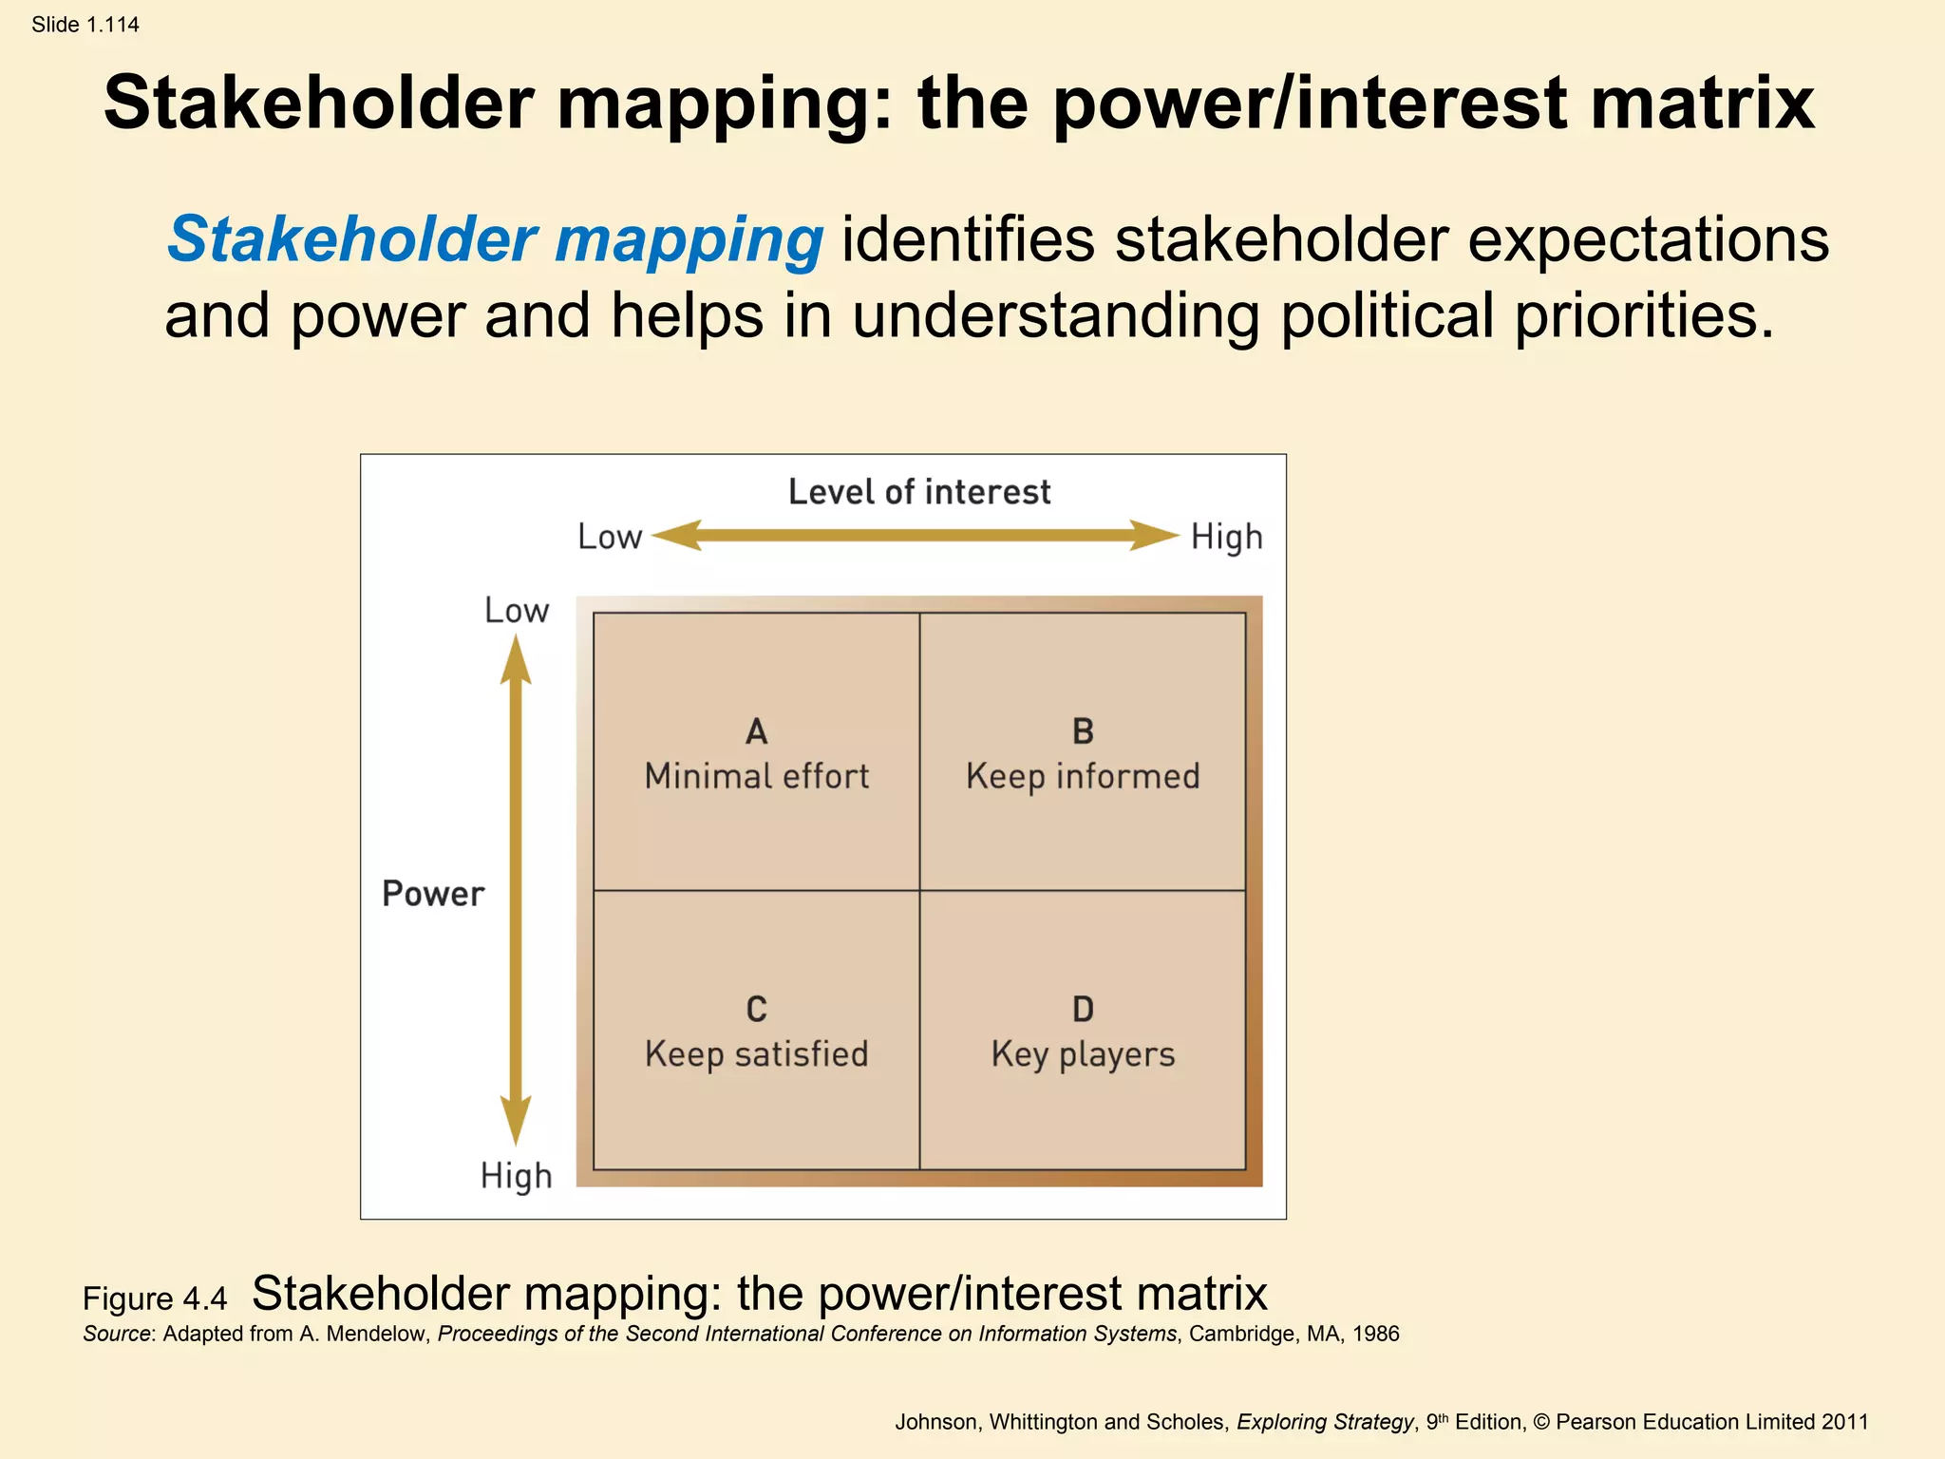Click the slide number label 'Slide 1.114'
[85, 25]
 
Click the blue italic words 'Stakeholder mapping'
[495, 239]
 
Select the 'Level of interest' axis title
[919, 492]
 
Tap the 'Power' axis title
[433, 894]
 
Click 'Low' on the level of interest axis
[610, 538]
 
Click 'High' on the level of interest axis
[1227, 538]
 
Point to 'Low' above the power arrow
[517, 611]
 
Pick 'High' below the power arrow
[516, 1176]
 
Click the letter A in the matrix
[756, 731]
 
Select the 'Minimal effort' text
[756, 777]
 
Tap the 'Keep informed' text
[1083, 777]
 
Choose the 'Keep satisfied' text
[756, 1054]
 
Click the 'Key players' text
[1083, 1054]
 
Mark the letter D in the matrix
[1083, 1009]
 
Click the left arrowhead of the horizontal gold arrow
[676, 536]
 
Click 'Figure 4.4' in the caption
[155, 1298]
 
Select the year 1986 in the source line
[1375, 1334]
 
